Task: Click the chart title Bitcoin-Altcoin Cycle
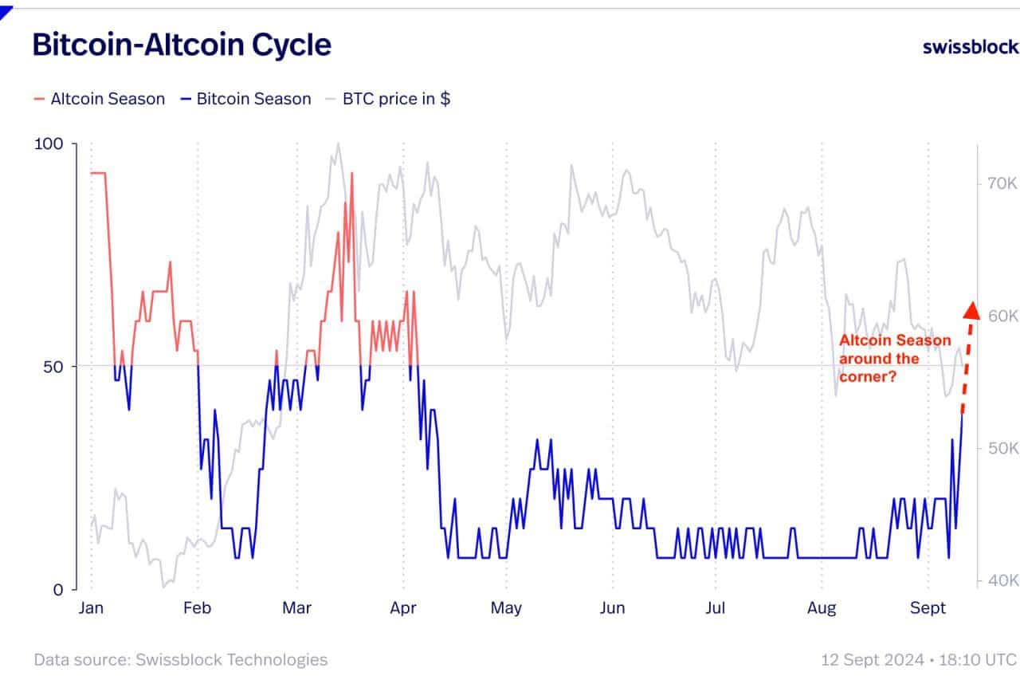[x=182, y=45]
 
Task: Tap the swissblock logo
[x=971, y=46]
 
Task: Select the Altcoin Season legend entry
[x=100, y=99]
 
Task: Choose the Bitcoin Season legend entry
[x=246, y=99]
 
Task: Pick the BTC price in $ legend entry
[x=388, y=99]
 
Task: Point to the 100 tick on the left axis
[x=49, y=144]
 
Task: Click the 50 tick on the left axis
[x=53, y=367]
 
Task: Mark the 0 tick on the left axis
[x=58, y=590]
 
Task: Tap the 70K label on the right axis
[x=1003, y=183]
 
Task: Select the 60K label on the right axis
[x=1003, y=316]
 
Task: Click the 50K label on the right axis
[x=1003, y=448]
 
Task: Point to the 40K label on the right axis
[x=1003, y=580]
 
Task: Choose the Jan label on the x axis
[x=91, y=608]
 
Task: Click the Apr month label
[x=403, y=608]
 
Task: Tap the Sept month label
[x=928, y=608]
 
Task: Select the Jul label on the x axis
[x=716, y=608]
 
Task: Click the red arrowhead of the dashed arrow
[x=971, y=311]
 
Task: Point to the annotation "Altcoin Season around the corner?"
[x=895, y=359]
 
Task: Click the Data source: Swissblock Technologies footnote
[x=181, y=659]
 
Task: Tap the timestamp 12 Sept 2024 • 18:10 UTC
[x=919, y=659]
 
